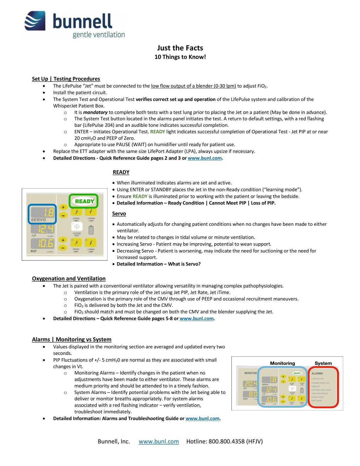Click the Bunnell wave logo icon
click(35, 21)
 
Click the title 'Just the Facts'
click(180, 48)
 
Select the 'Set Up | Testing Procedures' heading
click(66, 79)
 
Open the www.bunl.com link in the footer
click(159, 441)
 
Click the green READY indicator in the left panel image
click(84, 201)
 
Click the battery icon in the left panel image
click(91, 230)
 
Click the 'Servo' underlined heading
click(119, 214)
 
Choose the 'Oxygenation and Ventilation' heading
click(69, 279)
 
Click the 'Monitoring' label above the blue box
click(282, 363)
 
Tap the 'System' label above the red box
click(323, 363)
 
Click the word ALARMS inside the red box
click(317, 374)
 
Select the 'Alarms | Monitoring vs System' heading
click(72, 340)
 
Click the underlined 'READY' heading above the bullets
click(121, 172)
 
